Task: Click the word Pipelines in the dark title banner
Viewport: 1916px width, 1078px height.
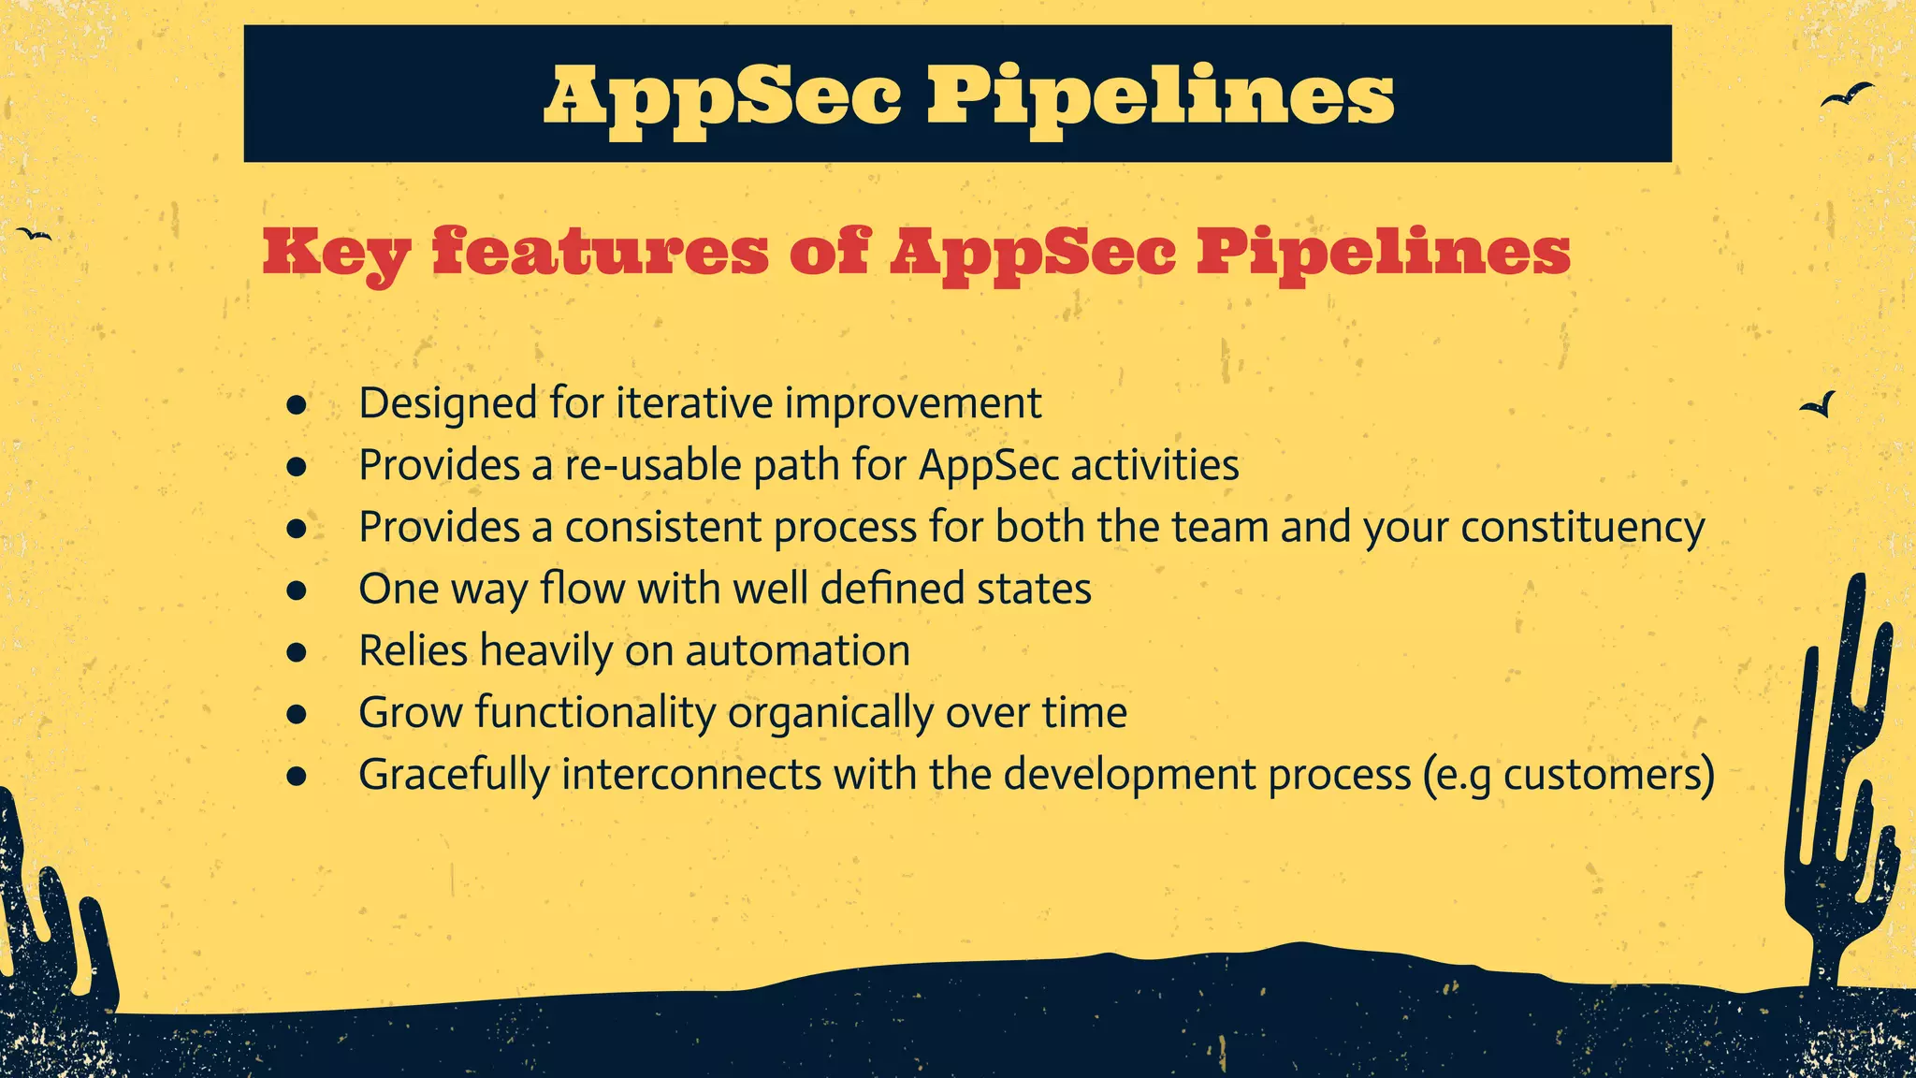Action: coord(1160,95)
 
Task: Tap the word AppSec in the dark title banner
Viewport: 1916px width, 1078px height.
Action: coord(722,95)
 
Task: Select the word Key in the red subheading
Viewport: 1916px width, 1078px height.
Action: coord(336,253)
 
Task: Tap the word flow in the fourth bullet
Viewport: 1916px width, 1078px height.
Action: coord(582,589)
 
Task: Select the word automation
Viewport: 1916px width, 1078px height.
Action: coord(797,650)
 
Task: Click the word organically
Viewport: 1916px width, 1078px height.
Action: coord(830,713)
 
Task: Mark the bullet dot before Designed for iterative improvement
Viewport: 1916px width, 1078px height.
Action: coord(297,405)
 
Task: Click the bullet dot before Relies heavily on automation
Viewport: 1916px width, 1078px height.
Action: coord(297,652)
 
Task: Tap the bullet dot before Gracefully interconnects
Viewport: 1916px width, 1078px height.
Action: coord(297,776)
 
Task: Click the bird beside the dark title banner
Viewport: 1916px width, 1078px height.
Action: coord(1846,95)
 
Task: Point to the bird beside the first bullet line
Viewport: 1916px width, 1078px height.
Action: coord(1820,404)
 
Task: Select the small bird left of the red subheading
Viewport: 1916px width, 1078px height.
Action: coord(35,234)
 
